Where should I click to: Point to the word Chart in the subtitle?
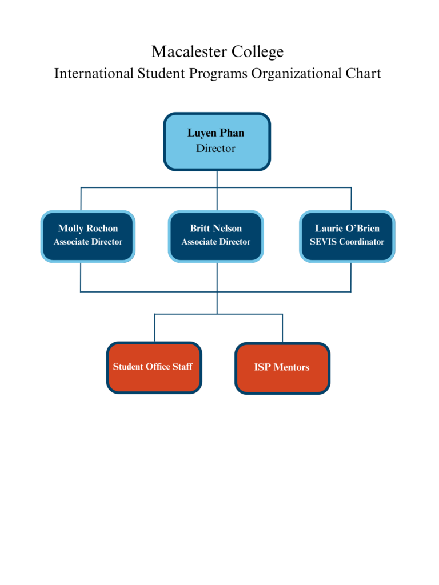(x=364, y=74)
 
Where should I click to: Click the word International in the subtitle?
(x=93, y=74)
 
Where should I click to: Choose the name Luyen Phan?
(x=216, y=133)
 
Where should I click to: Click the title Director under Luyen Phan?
(x=216, y=149)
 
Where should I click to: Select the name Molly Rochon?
(x=88, y=229)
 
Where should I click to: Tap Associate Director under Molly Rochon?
(x=88, y=242)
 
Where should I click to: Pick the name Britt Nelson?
(x=216, y=229)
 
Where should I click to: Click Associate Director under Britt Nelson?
(x=216, y=242)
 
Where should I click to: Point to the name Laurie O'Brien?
(x=347, y=229)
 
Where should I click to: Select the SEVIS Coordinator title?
(x=347, y=242)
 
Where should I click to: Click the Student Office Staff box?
(x=154, y=368)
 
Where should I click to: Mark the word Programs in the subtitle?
(x=217, y=74)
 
